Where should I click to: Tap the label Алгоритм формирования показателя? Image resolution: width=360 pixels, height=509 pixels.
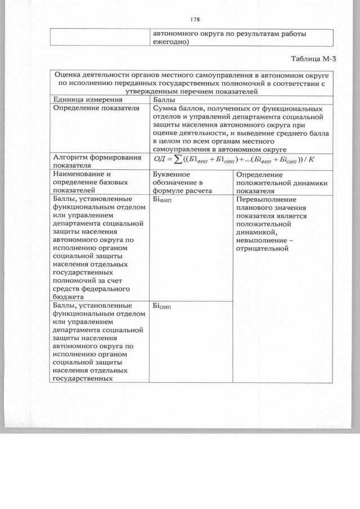click(95, 162)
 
